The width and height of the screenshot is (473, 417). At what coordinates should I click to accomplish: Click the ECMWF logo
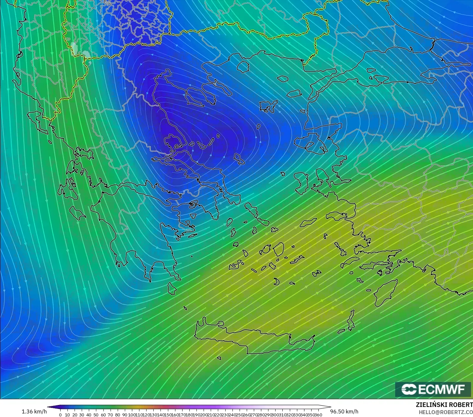[433, 389]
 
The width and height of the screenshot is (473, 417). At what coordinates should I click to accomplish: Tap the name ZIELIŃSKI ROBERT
[444, 405]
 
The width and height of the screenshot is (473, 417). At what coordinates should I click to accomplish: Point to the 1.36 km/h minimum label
[34, 411]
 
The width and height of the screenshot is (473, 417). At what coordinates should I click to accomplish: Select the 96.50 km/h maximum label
[344, 411]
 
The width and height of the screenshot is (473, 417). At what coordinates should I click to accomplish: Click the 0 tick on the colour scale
[60, 415]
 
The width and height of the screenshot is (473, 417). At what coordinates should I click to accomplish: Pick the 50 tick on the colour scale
[96, 415]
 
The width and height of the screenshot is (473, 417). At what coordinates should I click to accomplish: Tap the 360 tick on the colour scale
[318, 415]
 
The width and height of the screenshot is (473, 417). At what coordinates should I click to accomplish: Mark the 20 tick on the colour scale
[75, 415]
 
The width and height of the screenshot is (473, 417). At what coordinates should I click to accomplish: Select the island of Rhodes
[386, 293]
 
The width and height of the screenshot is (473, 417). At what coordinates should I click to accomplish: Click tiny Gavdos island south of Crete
[219, 358]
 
